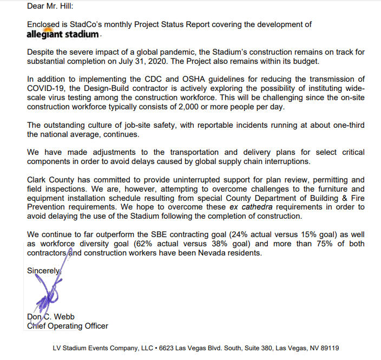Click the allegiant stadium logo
click(x=63, y=34)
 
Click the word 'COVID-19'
click(x=45, y=89)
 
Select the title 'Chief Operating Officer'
click(x=68, y=326)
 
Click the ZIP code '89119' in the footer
click(x=329, y=348)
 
